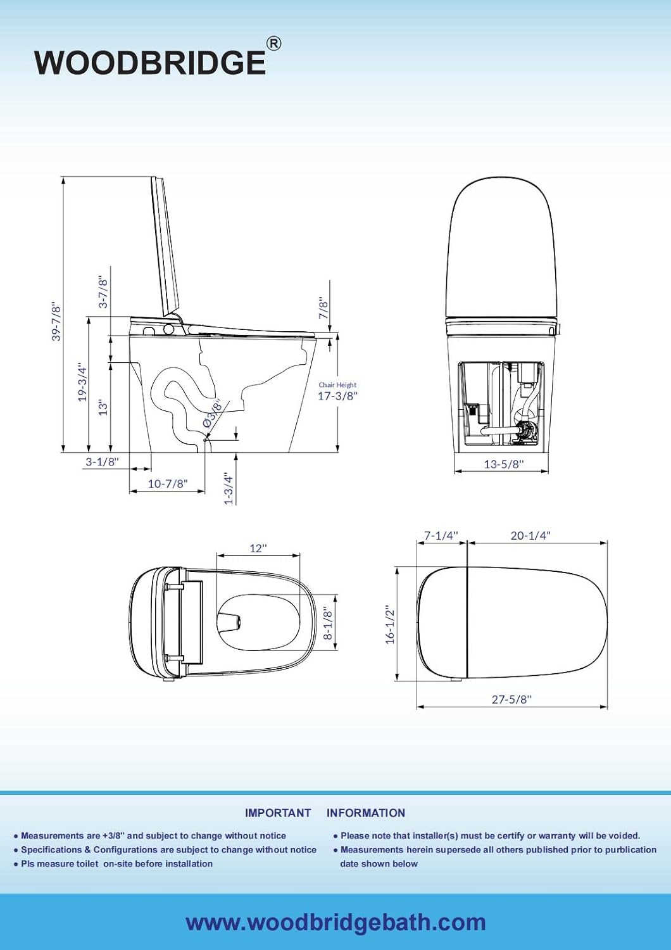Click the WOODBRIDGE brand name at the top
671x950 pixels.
[x=149, y=62]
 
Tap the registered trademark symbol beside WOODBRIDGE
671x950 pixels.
[x=273, y=44]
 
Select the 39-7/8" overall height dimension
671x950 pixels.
[x=56, y=322]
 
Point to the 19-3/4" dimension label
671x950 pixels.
[x=82, y=382]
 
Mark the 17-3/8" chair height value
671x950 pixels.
[x=337, y=396]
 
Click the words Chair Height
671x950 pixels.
[x=337, y=384]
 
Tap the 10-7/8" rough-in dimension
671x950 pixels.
[x=168, y=484]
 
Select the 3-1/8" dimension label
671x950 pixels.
[x=102, y=462]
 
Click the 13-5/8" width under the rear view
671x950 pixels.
[x=504, y=464]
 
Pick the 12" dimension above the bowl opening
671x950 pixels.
[x=258, y=548]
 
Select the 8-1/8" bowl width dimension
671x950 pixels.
[x=328, y=623]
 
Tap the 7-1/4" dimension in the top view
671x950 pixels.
[x=441, y=536]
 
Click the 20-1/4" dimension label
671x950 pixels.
[x=530, y=536]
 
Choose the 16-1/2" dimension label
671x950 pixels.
[x=390, y=624]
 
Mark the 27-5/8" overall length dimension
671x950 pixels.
[x=511, y=699]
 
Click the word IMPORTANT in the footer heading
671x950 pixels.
[x=278, y=813]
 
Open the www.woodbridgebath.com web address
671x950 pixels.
[x=335, y=922]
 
